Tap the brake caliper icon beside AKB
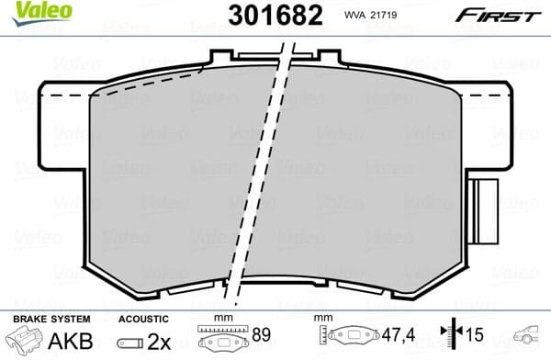click(25, 338)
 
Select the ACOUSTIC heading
click(142, 318)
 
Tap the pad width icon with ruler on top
click(223, 336)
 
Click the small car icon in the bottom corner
click(529, 336)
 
